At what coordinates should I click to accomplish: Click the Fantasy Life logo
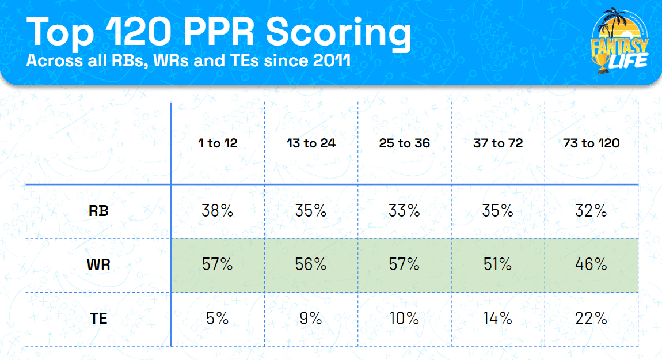(621, 43)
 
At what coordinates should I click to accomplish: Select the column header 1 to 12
(217, 143)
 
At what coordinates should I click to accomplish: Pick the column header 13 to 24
(311, 143)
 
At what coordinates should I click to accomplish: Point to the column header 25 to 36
(404, 143)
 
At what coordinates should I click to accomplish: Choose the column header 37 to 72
(498, 143)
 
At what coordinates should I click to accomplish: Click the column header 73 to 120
(591, 143)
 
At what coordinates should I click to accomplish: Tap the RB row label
(98, 211)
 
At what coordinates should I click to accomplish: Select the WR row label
(98, 264)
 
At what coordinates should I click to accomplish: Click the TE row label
(98, 318)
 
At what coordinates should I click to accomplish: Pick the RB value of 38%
(217, 211)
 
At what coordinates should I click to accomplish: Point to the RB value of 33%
(404, 211)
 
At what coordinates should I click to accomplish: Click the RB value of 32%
(591, 211)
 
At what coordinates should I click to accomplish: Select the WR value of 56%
(311, 264)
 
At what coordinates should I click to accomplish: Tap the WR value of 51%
(498, 264)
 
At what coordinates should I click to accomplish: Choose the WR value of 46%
(591, 264)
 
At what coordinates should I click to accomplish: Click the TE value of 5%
(217, 318)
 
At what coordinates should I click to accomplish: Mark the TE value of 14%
(498, 318)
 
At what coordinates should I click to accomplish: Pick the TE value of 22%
(591, 318)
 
